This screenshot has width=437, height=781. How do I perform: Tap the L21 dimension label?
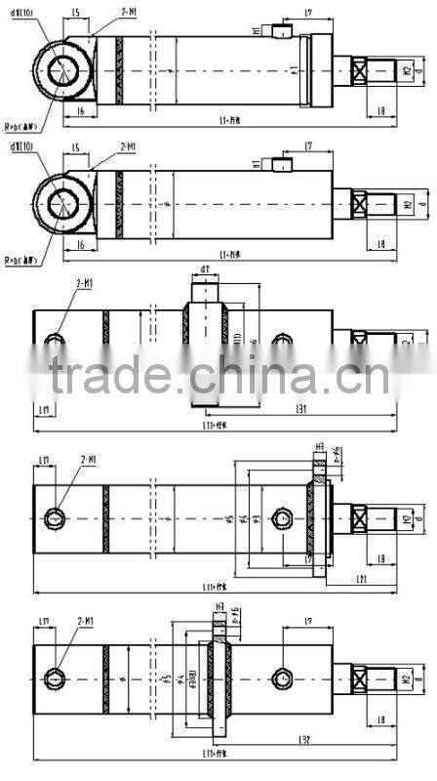click(x=360, y=579)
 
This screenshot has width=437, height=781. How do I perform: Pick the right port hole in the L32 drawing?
click(x=283, y=677)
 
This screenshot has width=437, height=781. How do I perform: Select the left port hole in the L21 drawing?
click(x=60, y=516)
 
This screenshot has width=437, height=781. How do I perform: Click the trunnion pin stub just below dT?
click(x=206, y=290)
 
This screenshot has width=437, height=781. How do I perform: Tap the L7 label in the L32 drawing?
click(x=308, y=620)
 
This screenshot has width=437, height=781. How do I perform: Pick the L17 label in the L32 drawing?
click(x=44, y=621)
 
